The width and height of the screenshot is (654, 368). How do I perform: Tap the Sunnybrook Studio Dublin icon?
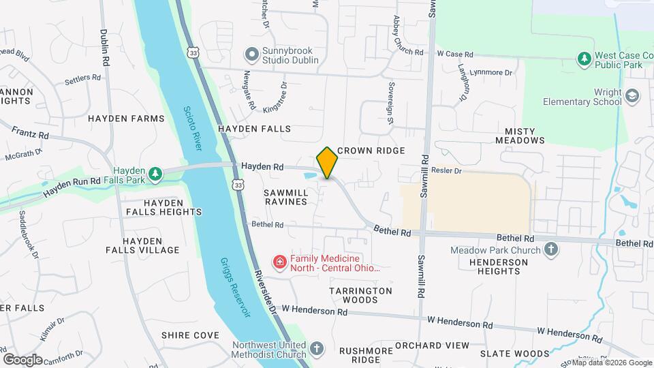coord(252,53)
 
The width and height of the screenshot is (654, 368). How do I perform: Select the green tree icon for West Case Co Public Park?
coord(583,59)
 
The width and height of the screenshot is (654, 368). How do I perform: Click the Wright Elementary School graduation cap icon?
coord(632,95)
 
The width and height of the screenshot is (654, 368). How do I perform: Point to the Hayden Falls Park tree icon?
coord(157,174)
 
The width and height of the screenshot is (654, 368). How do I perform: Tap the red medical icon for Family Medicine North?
coord(279,262)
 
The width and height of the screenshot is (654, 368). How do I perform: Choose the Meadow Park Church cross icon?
coord(552,250)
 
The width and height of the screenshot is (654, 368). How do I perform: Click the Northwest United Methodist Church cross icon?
coord(316,349)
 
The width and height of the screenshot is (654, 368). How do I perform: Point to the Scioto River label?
coord(193,127)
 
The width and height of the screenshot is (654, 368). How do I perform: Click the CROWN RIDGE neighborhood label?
coord(371,151)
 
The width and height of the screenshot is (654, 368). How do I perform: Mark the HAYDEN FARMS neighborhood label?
coord(127,119)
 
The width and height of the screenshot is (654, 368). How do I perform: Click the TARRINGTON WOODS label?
coord(361,295)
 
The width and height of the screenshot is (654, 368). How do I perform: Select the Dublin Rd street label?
coord(105,47)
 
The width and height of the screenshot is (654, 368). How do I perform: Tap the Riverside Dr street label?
coord(264,290)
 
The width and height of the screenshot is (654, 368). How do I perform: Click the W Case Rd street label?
coord(454,54)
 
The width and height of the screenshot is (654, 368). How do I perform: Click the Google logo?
coord(22,359)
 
